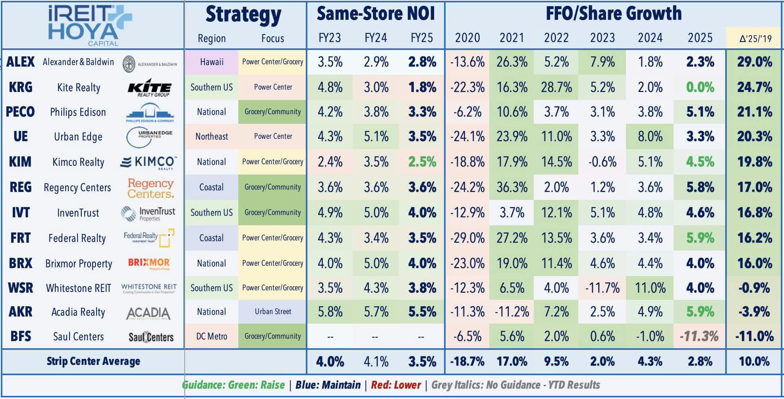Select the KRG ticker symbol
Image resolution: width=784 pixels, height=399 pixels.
click(x=21, y=87)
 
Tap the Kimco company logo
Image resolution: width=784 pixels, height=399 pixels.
click(x=149, y=162)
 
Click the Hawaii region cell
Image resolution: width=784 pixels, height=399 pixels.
click(x=212, y=62)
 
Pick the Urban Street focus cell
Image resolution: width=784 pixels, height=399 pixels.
click(x=273, y=312)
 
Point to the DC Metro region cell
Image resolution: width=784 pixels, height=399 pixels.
click(x=212, y=336)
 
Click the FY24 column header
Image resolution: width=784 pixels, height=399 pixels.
click(x=376, y=38)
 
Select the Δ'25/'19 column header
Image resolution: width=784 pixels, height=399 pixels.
click(x=755, y=38)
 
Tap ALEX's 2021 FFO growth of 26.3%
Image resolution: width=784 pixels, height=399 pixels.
click(x=512, y=62)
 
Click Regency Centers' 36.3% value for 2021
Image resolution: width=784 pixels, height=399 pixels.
click(x=512, y=187)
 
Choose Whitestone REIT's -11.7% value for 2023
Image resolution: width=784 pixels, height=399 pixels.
click(x=602, y=288)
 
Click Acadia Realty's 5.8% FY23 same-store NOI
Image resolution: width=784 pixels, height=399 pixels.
click(x=330, y=312)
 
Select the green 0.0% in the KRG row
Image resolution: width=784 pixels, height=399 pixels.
click(x=700, y=87)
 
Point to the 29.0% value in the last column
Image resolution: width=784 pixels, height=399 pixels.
click(x=755, y=62)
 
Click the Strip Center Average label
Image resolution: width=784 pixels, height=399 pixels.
click(x=93, y=361)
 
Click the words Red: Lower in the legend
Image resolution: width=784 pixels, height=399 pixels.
click(x=396, y=385)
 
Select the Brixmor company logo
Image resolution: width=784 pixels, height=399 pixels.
click(x=149, y=263)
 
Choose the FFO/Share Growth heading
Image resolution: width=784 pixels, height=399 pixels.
click(x=614, y=14)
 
